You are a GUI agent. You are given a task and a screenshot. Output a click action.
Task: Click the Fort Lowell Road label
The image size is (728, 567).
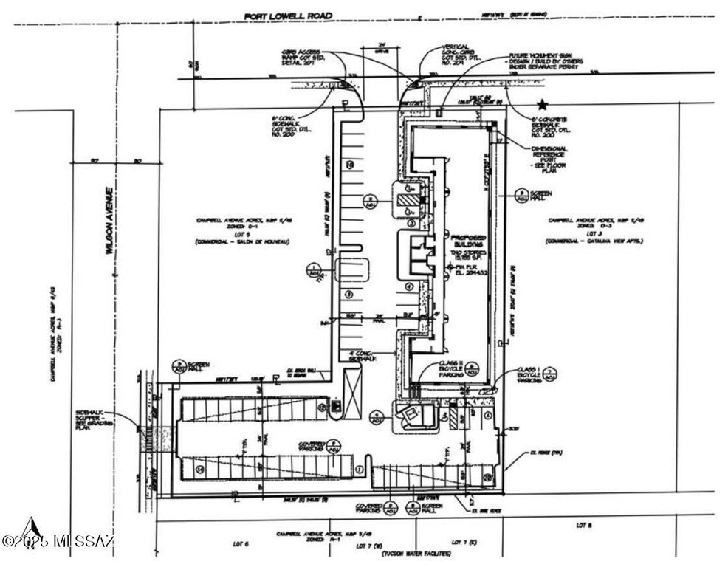[x=289, y=16]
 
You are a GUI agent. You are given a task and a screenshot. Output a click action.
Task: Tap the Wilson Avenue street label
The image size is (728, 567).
[x=108, y=221]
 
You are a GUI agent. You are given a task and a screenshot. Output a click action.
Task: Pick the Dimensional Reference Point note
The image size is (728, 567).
[x=549, y=158]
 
